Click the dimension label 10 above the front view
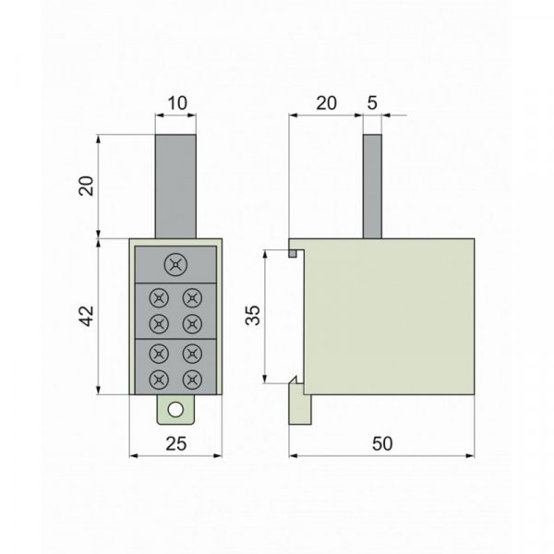coord(177,103)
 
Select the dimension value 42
coord(86,316)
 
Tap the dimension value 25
coord(175,444)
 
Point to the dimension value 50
coord(382,444)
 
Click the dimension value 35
coord(253,315)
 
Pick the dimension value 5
coord(372,103)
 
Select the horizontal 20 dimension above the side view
coord(326,103)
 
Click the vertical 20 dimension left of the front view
coord(86,186)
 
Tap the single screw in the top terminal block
coord(175,264)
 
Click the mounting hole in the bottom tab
coord(175,410)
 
